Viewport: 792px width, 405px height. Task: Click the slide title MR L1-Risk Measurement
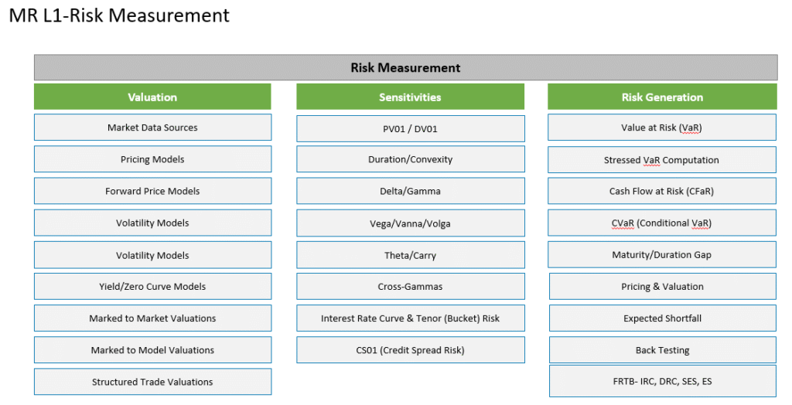click(119, 15)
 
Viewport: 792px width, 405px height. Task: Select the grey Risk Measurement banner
click(405, 68)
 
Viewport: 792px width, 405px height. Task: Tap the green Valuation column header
click(152, 97)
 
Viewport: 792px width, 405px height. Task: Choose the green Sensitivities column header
click(410, 97)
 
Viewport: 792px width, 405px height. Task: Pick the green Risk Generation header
click(662, 97)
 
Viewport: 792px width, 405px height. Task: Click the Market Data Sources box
click(152, 128)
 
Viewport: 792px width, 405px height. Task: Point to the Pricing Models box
click(152, 159)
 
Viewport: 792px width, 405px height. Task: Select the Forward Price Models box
click(152, 191)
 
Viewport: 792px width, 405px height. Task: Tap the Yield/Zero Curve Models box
click(152, 286)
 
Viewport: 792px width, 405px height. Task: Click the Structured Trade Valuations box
click(152, 382)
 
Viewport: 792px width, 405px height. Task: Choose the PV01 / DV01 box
click(410, 129)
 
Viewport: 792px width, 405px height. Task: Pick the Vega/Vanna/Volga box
click(410, 223)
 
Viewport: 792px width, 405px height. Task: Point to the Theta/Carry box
click(410, 255)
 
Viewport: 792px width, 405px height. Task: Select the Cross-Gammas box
click(410, 286)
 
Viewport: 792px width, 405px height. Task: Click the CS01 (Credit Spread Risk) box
click(410, 350)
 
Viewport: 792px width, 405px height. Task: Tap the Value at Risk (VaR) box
click(662, 128)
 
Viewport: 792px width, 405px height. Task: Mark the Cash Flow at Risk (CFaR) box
click(662, 191)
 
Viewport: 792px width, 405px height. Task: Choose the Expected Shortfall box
click(663, 318)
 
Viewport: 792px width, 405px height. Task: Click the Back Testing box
click(663, 350)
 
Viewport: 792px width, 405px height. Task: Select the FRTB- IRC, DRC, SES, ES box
click(663, 381)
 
